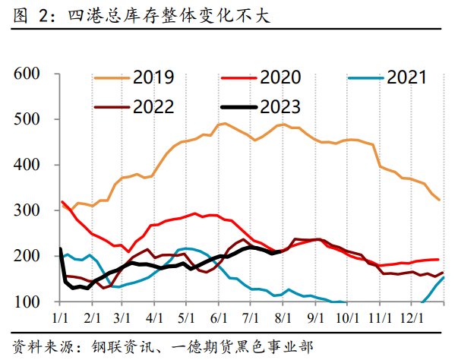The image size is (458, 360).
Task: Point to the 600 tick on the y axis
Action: click(x=27, y=74)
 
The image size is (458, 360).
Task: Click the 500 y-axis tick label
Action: click(x=27, y=119)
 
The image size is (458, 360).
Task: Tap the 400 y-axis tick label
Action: click(x=27, y=165)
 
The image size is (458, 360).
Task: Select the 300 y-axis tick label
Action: click(x=27, y=210)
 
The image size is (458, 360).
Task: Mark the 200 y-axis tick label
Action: click(x=27, y=256)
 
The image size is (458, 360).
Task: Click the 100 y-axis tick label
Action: click(x=27, y=302)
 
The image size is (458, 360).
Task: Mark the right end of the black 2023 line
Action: click(x=283, y=251)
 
